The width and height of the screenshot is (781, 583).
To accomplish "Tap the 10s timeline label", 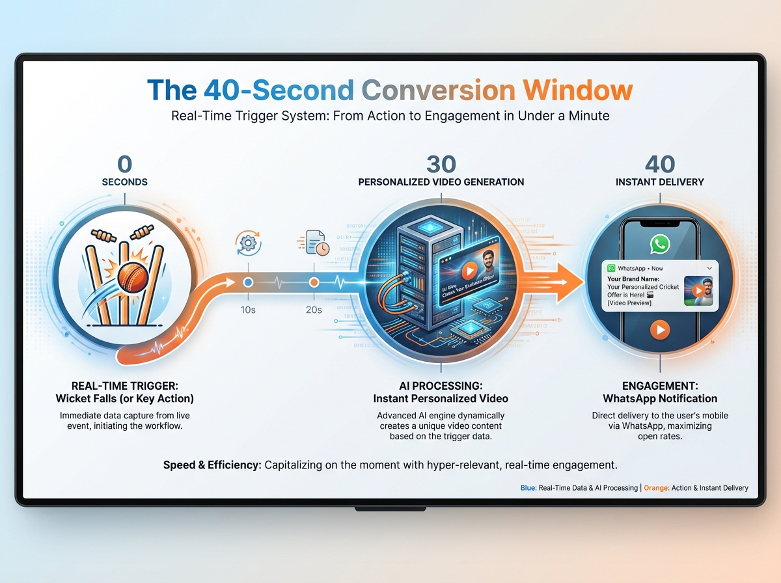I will tap(248, 310).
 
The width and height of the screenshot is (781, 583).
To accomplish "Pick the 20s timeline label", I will tap(314, 310).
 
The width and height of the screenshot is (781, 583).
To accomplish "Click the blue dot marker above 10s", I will tap(248, 282).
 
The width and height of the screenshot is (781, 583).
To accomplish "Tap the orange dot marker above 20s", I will tap(314, 282).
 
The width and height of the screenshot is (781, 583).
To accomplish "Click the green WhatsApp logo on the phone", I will tap(660, 244).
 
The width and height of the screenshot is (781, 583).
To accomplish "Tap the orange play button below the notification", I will tap(660, 331).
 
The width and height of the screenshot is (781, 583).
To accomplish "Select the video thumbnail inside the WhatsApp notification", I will tap(698, 290).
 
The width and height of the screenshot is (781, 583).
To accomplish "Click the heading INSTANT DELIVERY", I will tap(660, 182).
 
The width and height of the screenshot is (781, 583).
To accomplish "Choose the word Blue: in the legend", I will tap(528, 488).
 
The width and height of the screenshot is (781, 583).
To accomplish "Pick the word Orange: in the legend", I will tap(656, 488).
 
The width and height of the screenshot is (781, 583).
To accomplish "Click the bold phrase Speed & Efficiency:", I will tap(212, 466).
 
